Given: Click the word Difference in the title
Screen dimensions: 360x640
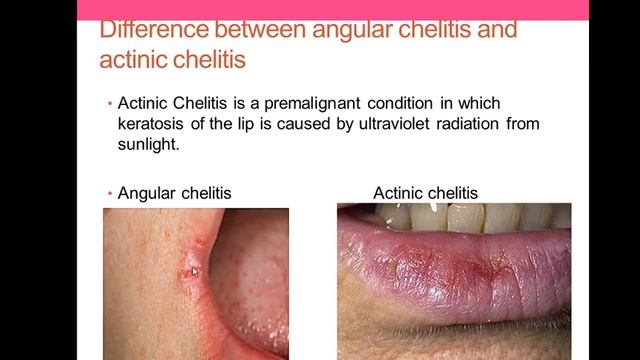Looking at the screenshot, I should tap(149, 29).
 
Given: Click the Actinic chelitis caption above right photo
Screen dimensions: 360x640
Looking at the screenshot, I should tap(425, 192).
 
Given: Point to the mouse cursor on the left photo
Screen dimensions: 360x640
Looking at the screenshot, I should tap(194, 270).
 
